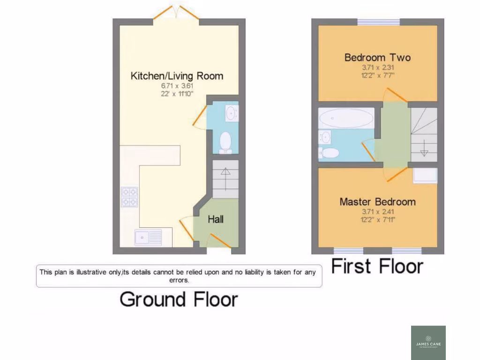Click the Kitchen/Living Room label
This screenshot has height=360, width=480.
(x=177, y=76)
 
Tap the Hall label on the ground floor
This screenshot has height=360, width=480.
(x=216, y=219)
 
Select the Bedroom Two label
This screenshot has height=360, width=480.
(x=377, y=58)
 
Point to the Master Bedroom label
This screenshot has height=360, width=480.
(x=377, y=202)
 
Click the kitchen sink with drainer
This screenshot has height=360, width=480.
(x=148, y=238)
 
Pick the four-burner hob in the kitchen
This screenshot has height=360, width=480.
(x=130, y=197)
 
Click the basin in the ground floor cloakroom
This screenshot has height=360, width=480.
(x=231, y=113)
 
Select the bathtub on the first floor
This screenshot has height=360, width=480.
(x=346, y=118)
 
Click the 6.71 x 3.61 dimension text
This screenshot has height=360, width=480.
(x=177, y=86)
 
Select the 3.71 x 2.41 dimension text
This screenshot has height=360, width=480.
(x=377, y=211)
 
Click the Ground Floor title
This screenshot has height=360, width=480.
(x=179, y=299)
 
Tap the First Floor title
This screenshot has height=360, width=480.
(x=377, y=266)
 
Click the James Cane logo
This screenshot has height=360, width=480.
(x=428, y=343)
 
